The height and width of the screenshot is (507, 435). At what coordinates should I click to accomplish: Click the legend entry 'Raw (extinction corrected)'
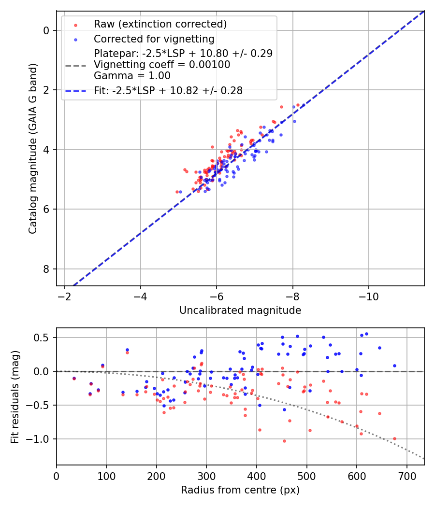coord(160,24)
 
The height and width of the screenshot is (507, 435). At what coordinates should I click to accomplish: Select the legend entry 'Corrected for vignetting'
coord(154,39)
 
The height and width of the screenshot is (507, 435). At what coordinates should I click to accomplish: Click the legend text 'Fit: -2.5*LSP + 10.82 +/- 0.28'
coord(168,90)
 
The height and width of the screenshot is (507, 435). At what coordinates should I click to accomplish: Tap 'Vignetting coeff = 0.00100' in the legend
coord(162,65)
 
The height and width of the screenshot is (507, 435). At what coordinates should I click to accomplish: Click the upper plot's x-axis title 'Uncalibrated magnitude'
coord(240,310)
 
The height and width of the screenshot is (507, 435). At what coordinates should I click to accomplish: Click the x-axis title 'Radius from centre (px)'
coord(240,490)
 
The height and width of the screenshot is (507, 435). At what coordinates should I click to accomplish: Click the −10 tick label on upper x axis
coord(369,296)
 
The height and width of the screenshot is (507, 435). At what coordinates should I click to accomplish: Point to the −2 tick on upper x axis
coord(64,296)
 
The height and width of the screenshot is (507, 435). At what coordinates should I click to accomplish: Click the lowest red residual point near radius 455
coord(284,441)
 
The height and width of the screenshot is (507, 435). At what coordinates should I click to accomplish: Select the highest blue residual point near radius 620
coord(366,334)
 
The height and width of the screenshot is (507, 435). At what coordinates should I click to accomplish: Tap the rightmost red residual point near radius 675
coord(394,438)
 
